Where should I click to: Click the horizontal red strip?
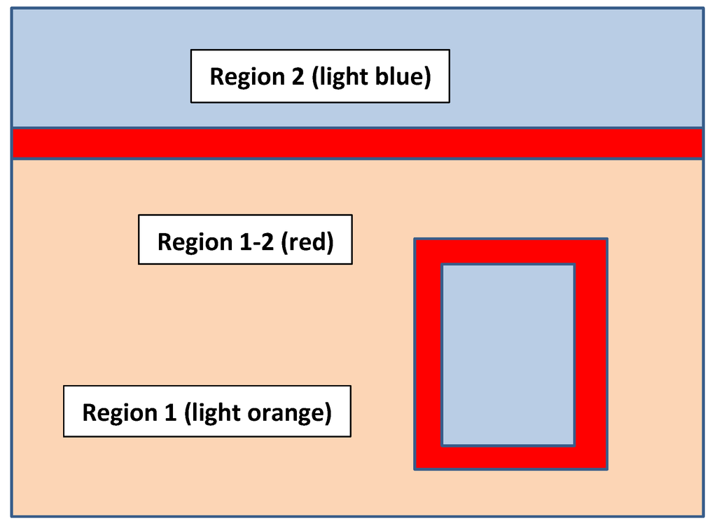pyautogui.click(x=357, y=144)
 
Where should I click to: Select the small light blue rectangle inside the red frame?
pyautogui.click(x=508, y=354)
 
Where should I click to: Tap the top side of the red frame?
pyautogui.click(x=510, y=251)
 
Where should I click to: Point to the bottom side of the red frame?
pyautogui.click(x=510, y=457)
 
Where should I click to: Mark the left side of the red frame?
pyautogui.click(x=428, y=354)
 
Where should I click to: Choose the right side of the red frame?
pyautogui.click(x=591, y=354)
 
